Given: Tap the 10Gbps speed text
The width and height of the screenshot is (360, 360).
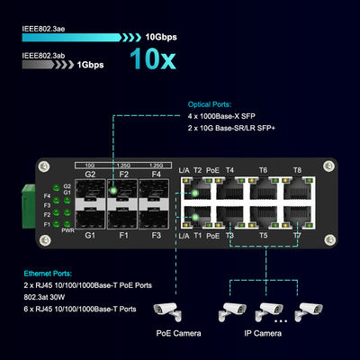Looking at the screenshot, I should point(165,40).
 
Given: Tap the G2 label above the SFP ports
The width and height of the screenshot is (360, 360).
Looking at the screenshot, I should point(90,173).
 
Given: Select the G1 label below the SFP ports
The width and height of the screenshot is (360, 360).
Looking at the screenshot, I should point(90,236).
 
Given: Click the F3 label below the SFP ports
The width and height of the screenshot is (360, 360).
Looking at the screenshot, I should point(156,236).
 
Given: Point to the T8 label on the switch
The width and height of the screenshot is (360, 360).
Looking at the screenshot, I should point(297,170).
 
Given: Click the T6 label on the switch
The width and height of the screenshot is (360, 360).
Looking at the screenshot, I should point(263,170).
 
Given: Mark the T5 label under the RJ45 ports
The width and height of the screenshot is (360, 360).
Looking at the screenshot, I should point(263,236).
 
